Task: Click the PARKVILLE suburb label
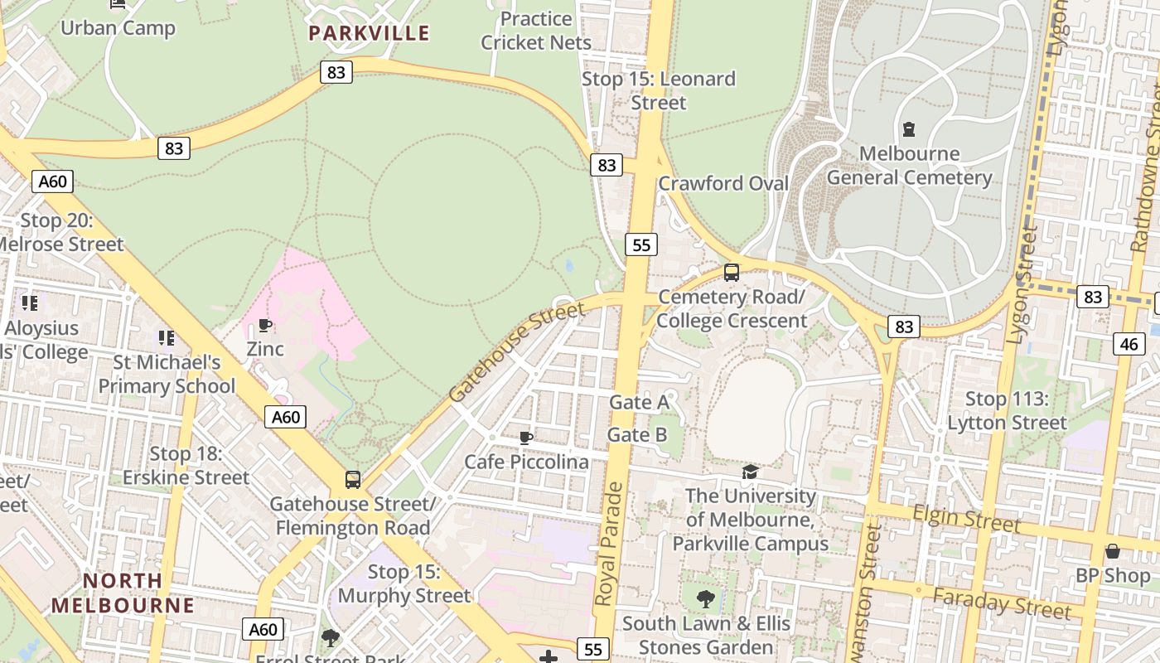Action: tap(369, 33)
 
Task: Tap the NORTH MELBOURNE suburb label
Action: tap(123, 593)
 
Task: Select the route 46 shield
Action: tap(1129, 343)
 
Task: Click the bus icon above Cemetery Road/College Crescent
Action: tap(731, 272)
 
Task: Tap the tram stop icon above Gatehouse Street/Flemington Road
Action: tap(353, 479)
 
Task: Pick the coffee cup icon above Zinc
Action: tap(265, 325)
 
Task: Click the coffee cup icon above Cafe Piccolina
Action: tap(525, 437)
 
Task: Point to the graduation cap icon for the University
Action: tap(750, 472)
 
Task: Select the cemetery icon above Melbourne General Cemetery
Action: tap(909, 129)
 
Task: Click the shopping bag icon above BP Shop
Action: tap(1112, 551)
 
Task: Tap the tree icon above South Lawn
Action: tap(706, 598)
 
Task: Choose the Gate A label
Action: tap(638, 402)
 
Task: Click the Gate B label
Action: tap(637, 434)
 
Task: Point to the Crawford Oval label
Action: tap(723, 183)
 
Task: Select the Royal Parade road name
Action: tap(609, 543)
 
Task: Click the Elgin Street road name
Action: tap(966, 519)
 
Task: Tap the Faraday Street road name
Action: tap(1001, 603)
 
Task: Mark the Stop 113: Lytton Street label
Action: tap(1007, 411)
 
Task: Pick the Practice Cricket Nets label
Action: tap(536, 31)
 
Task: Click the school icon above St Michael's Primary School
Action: tap(167, 337)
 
